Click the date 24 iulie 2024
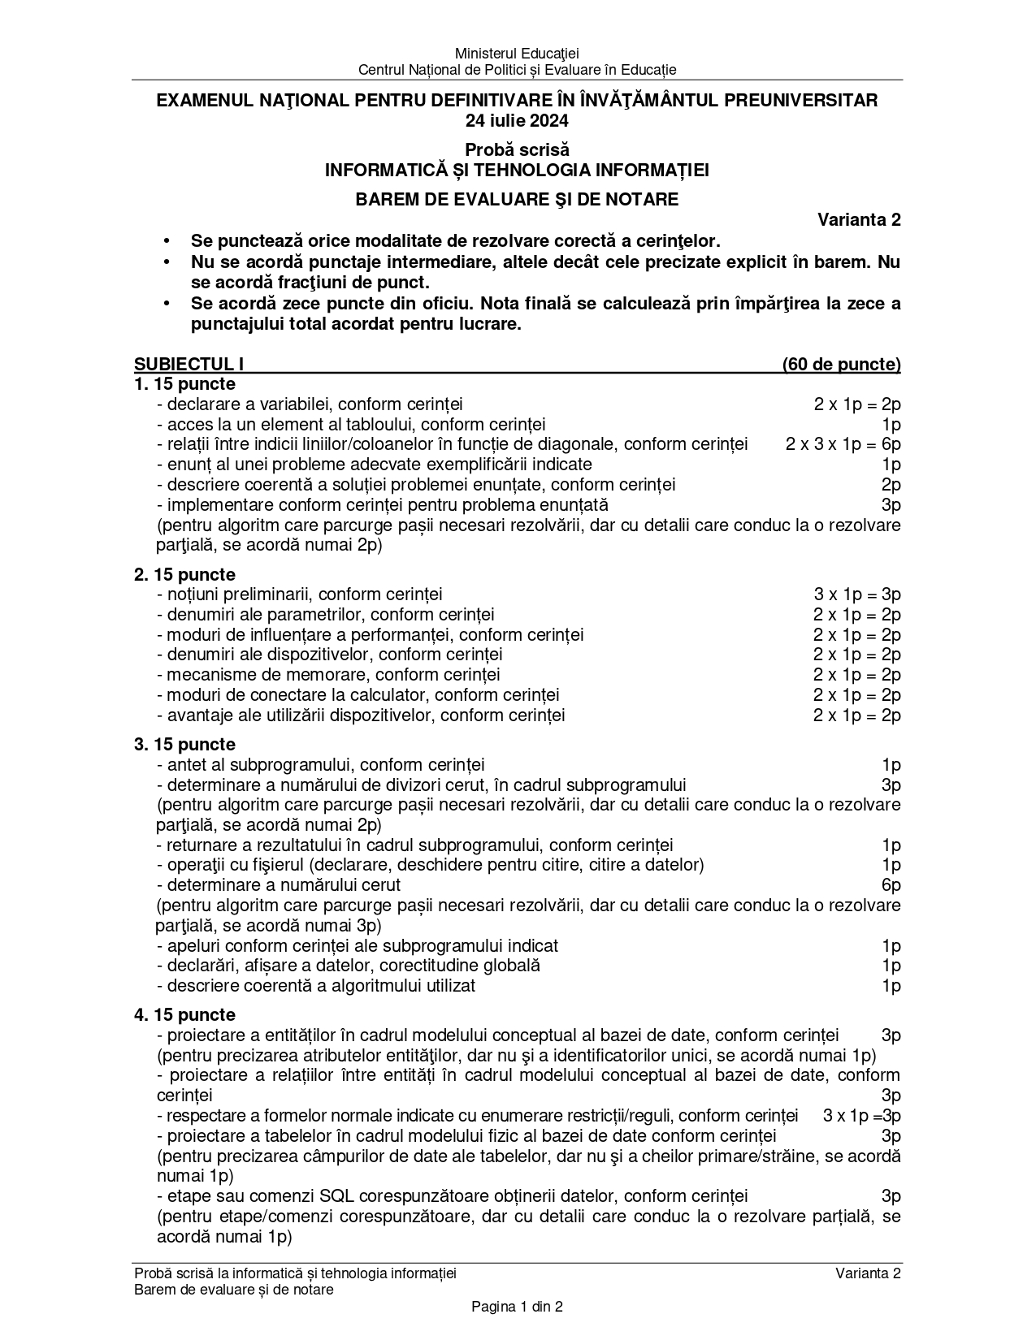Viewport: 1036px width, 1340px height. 517,121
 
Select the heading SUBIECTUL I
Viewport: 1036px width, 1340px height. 189,365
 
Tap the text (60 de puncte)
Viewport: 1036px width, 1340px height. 841,365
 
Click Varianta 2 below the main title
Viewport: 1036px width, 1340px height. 859,220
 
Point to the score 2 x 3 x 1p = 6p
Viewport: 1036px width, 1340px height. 843,444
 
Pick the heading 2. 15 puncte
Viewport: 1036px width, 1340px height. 185,574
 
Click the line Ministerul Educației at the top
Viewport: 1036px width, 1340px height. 517,54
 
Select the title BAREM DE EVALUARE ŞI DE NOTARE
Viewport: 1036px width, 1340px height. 517,199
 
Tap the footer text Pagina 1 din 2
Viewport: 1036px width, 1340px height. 517,1307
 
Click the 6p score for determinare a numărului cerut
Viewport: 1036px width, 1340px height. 891,885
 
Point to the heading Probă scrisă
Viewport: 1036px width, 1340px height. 517,150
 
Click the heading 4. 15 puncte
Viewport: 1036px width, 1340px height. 185,1015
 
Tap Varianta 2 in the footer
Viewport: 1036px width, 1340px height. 868,1273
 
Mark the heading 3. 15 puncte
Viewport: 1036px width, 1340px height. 185,745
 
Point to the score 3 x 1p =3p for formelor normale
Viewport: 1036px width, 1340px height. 861,1116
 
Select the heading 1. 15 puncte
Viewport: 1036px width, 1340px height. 185,384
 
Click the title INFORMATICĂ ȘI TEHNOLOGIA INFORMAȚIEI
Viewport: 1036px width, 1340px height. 517,171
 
